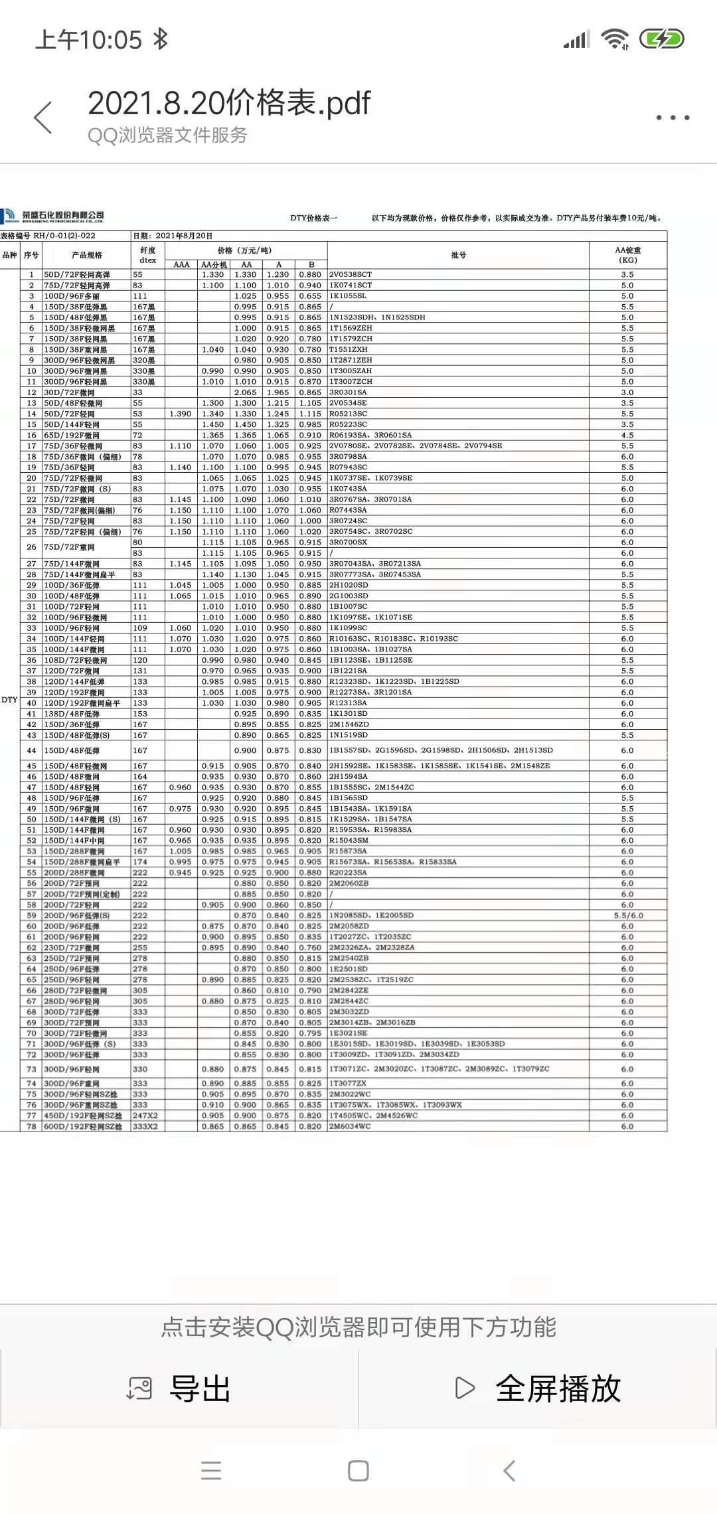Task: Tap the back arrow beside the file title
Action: [x=43, y=118]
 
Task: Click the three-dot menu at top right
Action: [x=673, y=118]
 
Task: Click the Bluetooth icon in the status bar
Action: [x=160, y=39]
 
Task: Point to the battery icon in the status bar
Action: [x=661, y=39]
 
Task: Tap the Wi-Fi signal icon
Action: [x=615, y=39]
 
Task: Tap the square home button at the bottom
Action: [x=358, y=1470]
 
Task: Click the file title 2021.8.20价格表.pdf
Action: [x=228, y=104]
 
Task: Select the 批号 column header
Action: [x=458, y=255]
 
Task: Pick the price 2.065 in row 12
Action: [x=246, y=392]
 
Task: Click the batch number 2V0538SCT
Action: [x=351, y=274]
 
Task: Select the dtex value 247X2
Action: [x=145, y=1116]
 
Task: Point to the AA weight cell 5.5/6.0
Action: [x=628, y=916]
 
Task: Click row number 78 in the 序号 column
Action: [x=31, y=1126]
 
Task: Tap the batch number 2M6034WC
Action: [x=350, y=1126]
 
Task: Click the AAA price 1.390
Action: [x=181, y=414]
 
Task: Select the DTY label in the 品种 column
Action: [x=9, y=700]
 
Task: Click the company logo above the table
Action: [x=53, y=216]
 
